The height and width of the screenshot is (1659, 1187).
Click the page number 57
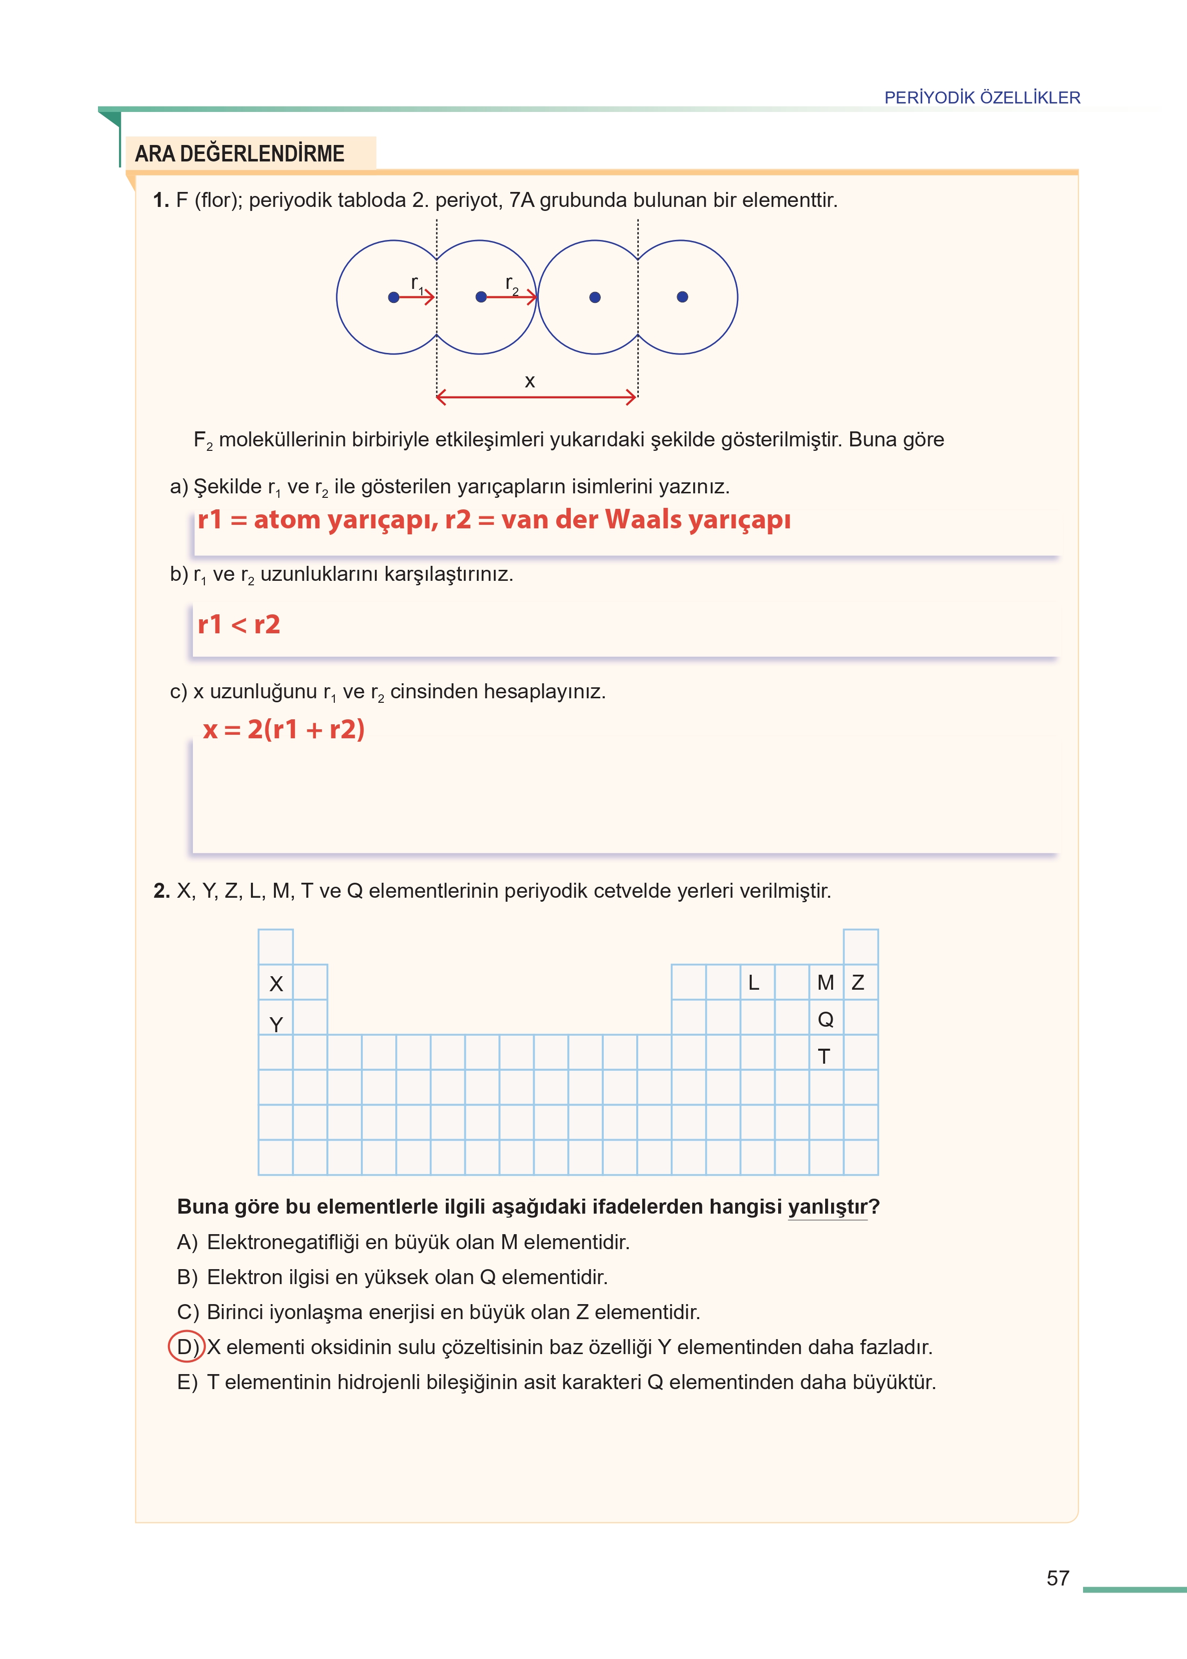1057,1578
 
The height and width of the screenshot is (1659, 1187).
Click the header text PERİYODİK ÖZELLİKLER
982,97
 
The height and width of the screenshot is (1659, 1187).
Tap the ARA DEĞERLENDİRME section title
240,153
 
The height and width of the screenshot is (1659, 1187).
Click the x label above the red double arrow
530,381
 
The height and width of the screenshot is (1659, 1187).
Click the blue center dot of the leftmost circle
393,297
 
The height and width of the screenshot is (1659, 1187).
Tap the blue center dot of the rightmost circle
682,297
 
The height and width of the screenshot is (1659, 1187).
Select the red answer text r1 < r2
239,624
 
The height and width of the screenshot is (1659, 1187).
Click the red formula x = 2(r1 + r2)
283,729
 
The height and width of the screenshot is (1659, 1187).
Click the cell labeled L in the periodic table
754,982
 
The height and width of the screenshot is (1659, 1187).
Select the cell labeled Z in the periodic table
859,982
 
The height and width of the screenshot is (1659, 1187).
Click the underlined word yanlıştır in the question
827,1207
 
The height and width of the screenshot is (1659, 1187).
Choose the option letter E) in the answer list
187,1382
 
